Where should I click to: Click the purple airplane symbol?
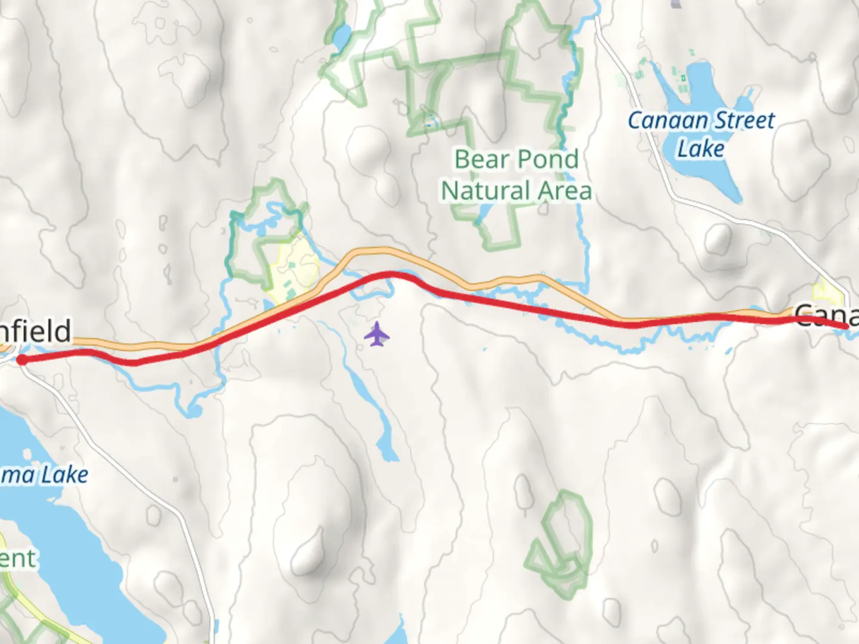[x=376, y=334]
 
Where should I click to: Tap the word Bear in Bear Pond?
[x=481, y=159]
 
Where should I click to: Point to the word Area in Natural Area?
[x=564, y=191]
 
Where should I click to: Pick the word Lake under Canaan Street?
[x=701, y=148]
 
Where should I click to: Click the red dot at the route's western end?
[x=21, y=360]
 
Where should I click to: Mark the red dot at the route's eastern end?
[x=846, y=326]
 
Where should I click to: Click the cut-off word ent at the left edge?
[x=18, y=559]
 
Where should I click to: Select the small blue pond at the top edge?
[x=342, y=37]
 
